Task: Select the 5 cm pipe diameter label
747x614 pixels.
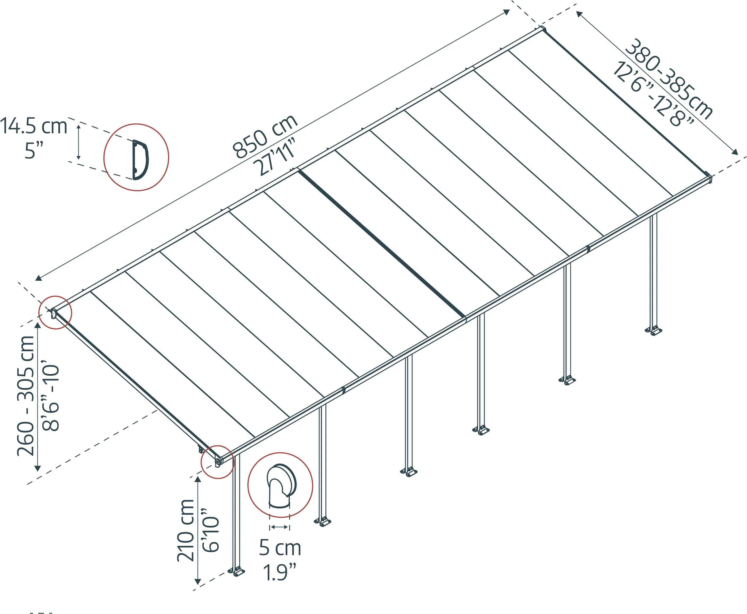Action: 280,548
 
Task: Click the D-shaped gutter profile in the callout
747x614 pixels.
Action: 140,160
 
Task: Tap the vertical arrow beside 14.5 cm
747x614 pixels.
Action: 79,141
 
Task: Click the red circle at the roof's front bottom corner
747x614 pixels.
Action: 217,462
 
